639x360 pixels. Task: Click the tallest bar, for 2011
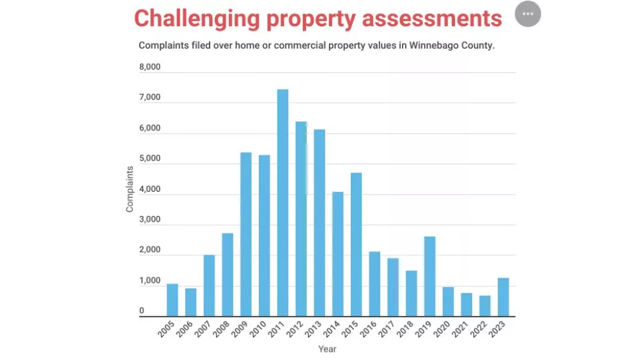tap(282, 203)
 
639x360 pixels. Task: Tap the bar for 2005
tap(172, 300)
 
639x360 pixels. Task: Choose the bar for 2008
tap(227, 274)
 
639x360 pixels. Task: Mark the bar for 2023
tap(503, 297)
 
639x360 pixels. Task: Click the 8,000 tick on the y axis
tap(150, 67)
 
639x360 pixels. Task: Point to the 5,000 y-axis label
tap(150, 159)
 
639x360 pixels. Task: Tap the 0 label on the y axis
tap(142, 311)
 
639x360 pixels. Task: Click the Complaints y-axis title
tap(130, 189)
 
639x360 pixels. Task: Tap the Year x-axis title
tap(327, 349)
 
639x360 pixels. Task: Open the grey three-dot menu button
tap(528, 14)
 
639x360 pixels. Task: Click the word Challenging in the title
tap(196, 18)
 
